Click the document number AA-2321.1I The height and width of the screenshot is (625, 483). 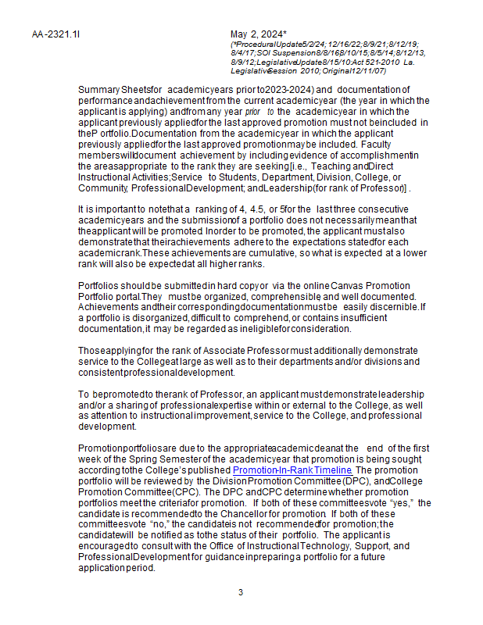(56, 34)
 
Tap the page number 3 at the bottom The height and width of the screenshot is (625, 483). (241, 592)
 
